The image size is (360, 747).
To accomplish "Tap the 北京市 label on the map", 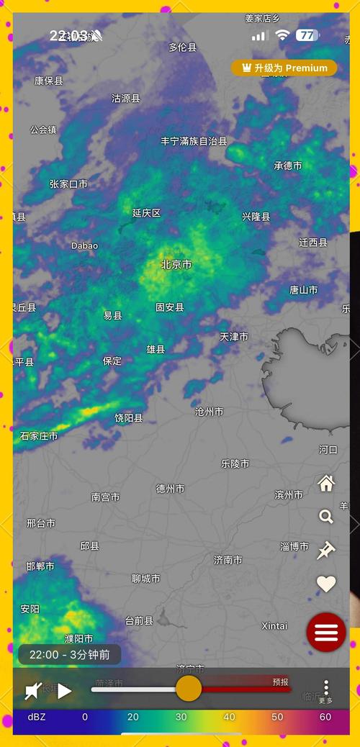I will [x=176, y=264].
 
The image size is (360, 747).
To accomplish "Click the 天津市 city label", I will [x=234, y=336].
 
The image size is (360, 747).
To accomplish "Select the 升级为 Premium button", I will [x=284, y=68].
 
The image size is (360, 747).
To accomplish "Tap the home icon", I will [x=326, y=483].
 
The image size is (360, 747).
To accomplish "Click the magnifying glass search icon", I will [x=326, y=517].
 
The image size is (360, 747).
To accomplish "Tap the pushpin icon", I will [x=326, y=551].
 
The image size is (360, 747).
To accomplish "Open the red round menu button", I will [x=326, y=633].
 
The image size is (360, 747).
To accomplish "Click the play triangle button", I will [x=65, y=692].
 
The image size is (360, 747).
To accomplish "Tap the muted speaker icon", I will [x=34, y=692].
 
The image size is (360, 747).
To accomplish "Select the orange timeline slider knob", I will [x=189, y=688].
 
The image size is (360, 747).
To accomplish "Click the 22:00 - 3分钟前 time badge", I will [x=69, y=655].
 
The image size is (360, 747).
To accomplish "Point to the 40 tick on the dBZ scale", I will [x=229, y=717].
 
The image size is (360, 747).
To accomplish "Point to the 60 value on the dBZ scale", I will [x=325, y=717].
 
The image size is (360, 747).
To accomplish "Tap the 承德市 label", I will [x=288, y=166].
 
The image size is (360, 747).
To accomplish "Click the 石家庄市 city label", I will [x=39, y=435].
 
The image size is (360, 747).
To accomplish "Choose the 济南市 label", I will [x=228, y=559].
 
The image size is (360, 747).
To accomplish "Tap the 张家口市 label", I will [x=68, y=184].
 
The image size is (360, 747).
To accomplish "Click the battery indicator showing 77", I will [x=307, y=35].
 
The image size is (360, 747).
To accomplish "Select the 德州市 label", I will [x=171, y=489].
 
